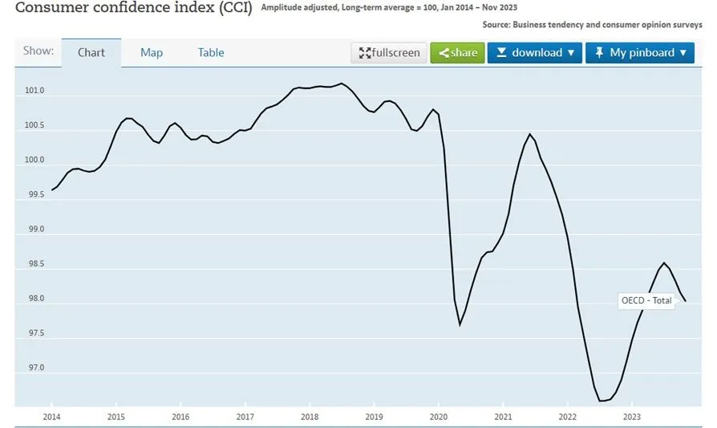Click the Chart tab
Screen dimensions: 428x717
pyautogui.click(x=91, y=53)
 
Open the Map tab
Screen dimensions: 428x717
pyautogui.click(x=152, y=53)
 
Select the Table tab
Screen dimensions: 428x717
pyautogui.click(x=211, y=53)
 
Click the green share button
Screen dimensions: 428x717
pyautogui.click(x=457, y=53)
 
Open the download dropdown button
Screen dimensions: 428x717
pyautogui.click(x=535, y=53)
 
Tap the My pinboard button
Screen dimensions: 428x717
pyautogui.click(x=640, y=53)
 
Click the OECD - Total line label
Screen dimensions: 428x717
pyautogui.click(x=646, y=300)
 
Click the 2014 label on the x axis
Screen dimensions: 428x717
pyautogui.click(x=51, y=417)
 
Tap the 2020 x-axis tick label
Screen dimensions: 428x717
pyautogui.click(x=438, y=417)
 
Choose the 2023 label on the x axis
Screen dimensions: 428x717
pyautogui.click(x=632, y=417)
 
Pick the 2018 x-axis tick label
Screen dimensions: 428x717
pyautogui.click(x=310, y=417)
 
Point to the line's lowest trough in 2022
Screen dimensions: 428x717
pyautogui.click(x=602, y=400)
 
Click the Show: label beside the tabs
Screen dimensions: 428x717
pyautogui.click(x=38, y=51)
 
